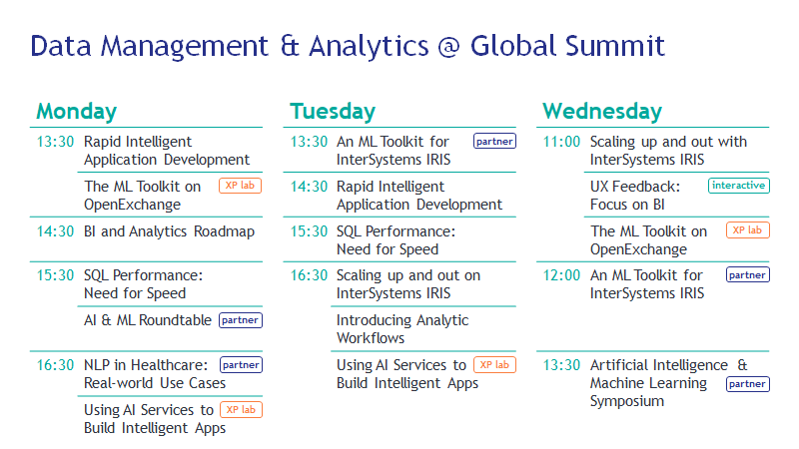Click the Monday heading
77,112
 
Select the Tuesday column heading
333,112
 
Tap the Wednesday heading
602,112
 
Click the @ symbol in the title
448,46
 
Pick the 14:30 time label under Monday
55,231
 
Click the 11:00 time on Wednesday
561,142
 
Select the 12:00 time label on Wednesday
561,275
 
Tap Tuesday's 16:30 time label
309,275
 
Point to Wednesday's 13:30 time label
561,365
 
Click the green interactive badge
738,186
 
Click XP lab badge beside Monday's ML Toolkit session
240,186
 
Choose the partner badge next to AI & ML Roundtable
241,320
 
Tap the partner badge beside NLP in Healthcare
241,365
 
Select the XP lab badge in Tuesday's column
494,365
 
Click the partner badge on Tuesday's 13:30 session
494,141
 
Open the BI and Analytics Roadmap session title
169,231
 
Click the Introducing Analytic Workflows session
402,329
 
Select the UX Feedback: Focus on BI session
635,196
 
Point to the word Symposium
627,402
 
